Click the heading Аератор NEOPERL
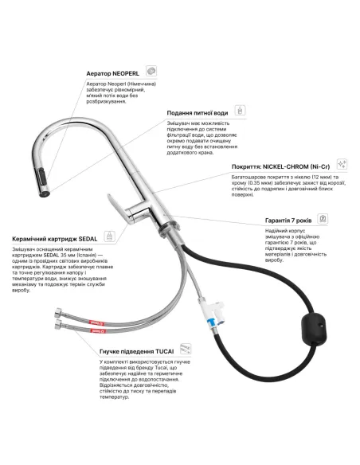tap(112, 73)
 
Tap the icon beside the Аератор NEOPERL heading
tap(151, 71)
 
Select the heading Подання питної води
tap(198, 113)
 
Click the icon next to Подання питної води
tap(241, 111)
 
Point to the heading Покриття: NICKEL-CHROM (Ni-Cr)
tap(280, 166)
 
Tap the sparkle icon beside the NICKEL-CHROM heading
tap(342, 164)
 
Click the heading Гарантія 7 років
tap(288, 221)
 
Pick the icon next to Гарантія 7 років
tap(323, 219)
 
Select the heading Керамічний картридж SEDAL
tap(55, 239)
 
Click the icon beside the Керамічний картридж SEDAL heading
tap(110, 236)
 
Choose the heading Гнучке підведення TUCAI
tap(137, 352)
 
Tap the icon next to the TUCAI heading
tap(186, 349)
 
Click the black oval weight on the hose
tap(313, 328)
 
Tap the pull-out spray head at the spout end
tap(44, 182)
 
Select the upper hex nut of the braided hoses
tap(58, 313)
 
